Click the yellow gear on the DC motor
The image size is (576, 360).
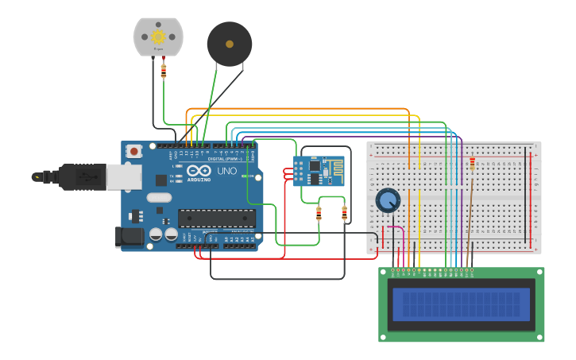158,37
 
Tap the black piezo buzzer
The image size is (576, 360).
230,44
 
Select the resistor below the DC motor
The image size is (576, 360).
164,71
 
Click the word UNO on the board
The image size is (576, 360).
227,171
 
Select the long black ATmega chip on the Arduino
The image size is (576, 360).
216,218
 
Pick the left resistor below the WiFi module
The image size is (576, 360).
319,213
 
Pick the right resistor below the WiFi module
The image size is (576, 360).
344,212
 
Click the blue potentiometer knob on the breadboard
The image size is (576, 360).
388,200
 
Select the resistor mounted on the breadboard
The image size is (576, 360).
473,163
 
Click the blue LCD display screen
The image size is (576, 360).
461,304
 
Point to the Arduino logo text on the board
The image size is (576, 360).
199,179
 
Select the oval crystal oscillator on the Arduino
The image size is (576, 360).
159,198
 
